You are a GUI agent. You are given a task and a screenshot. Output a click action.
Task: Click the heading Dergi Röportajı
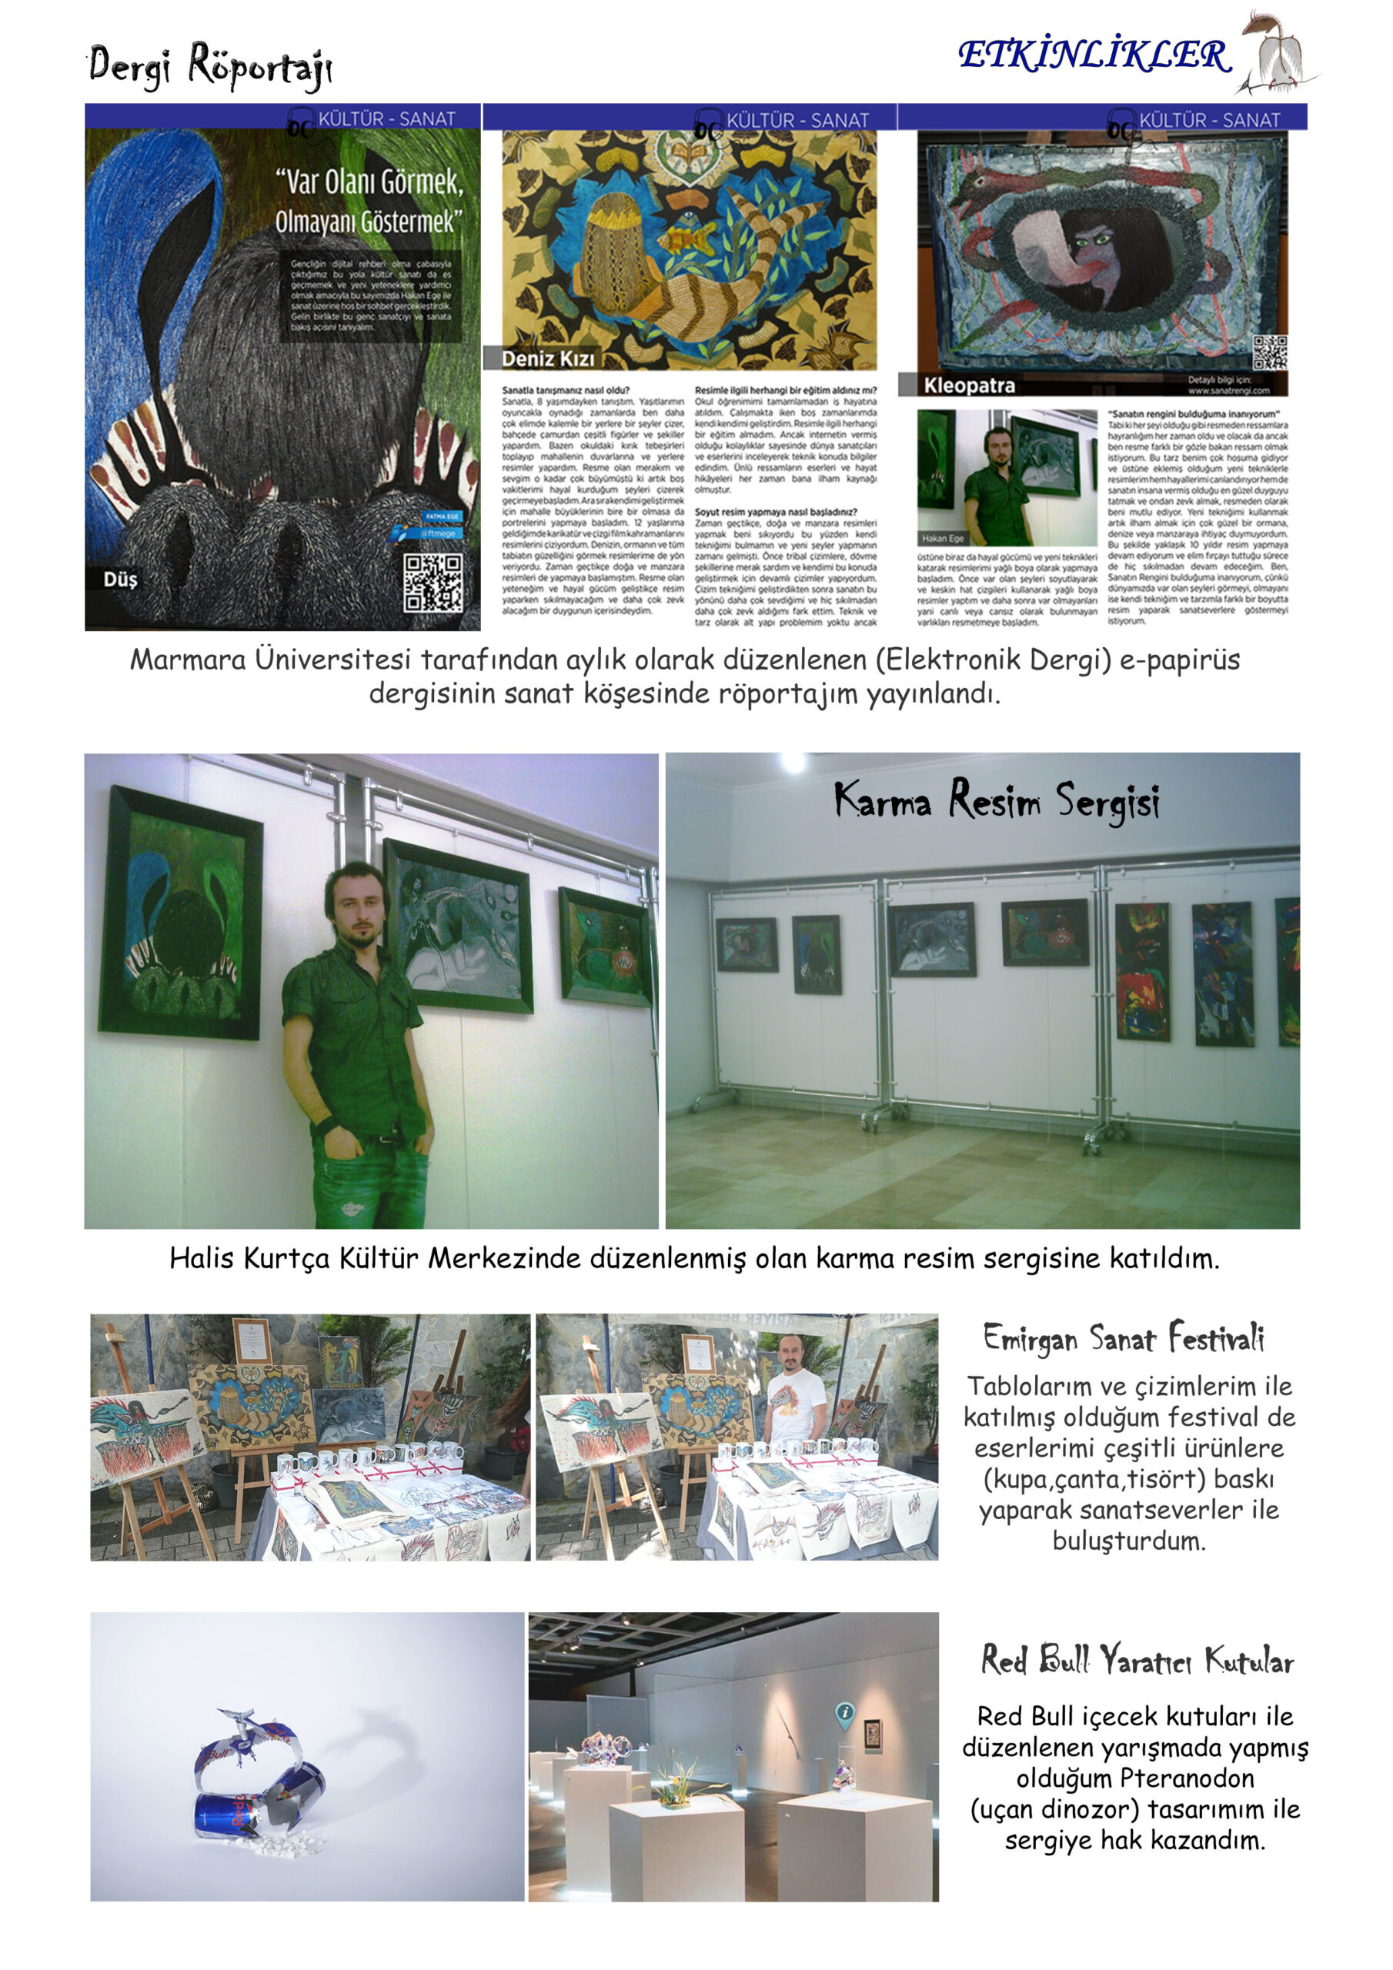pos(209,65)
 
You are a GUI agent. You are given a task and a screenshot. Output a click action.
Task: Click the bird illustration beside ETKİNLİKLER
pos(1274,53)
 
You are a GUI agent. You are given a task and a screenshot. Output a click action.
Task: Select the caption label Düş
pos(120,579)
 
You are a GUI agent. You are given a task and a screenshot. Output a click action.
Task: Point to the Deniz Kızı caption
pos(548,359)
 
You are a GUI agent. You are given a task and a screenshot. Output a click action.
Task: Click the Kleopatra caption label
pos(969,386)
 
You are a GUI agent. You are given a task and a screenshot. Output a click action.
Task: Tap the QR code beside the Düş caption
pos(433,582)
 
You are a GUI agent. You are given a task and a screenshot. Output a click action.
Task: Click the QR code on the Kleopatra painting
pos(1269,352)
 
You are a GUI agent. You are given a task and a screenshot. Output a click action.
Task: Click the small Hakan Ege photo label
pos(943,538)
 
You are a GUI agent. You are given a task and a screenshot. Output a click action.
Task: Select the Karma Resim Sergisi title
pos(997,800)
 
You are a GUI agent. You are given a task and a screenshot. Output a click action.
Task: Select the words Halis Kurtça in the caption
pos(249,1259)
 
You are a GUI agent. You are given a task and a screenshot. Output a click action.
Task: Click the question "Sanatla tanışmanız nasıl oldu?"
pos(566,390)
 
